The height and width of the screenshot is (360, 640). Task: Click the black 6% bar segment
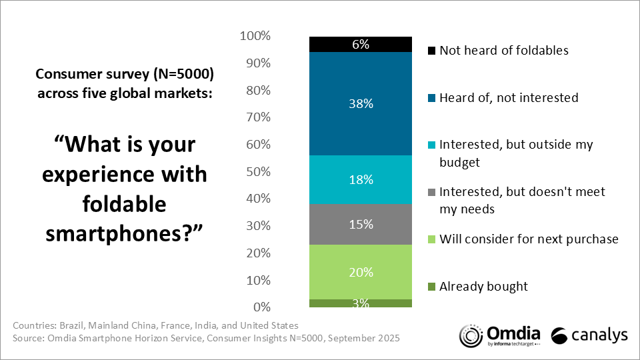click(360, 44)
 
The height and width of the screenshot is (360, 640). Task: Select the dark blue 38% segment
click(360, 103)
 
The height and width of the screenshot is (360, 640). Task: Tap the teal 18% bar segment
click(360, 179)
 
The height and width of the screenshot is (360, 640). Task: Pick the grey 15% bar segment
click(360, 225)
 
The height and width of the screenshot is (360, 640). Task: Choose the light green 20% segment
click(360, 272)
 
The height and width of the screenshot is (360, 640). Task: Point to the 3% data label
click(361, 303)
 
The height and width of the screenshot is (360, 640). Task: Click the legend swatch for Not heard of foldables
click(431, 51)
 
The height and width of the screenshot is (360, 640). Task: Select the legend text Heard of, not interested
click(509, 97)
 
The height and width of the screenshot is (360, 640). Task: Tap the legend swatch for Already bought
click(431, 287)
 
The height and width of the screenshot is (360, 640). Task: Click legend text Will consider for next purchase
click(529, 239)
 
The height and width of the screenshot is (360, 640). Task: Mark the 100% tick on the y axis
click(255, 36)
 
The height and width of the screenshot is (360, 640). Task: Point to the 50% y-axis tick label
click(258, 171)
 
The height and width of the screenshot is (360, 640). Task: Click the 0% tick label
click(261, 307)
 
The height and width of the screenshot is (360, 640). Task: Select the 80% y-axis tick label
click(258, 90)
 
